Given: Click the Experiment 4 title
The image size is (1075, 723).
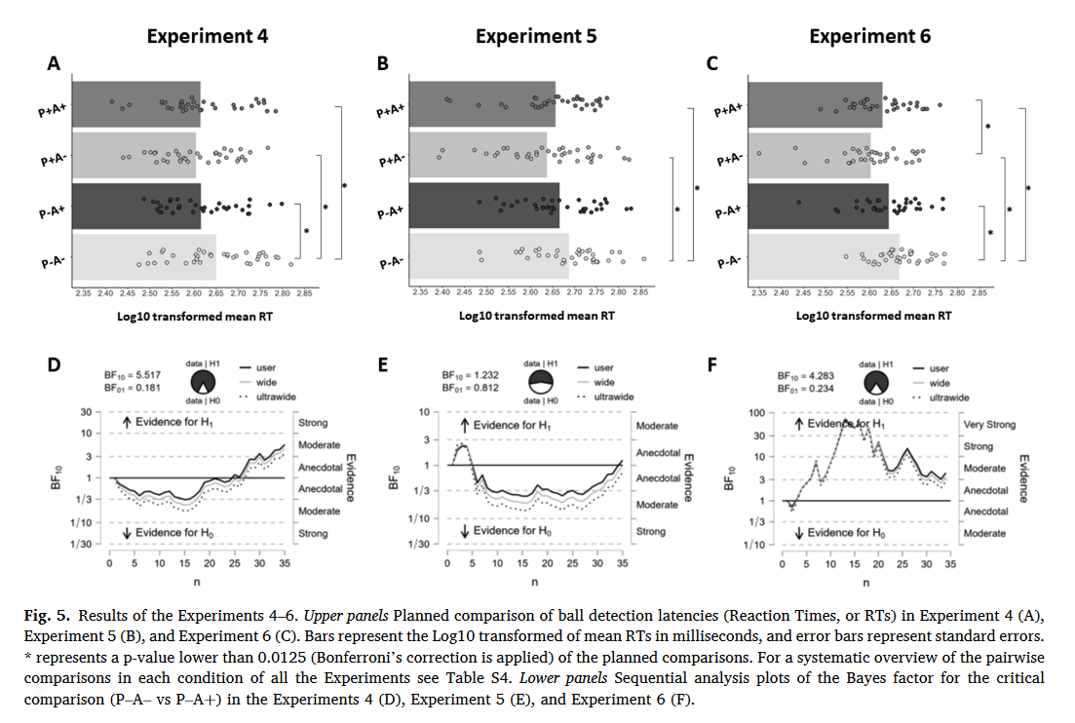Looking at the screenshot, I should click(207, 37).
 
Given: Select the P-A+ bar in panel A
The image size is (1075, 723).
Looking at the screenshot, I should click(136, 207).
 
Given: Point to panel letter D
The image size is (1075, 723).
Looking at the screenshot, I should click(55, 366).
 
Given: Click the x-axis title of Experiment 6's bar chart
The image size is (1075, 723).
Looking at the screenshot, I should click(873, 316).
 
